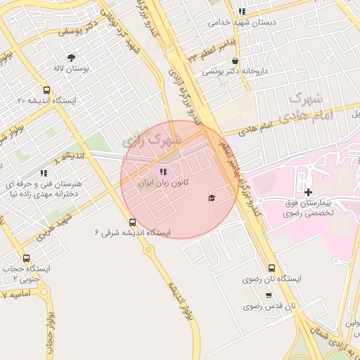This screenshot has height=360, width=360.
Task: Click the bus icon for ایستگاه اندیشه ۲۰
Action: click(46, 91)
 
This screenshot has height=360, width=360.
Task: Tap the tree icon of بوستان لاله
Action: click(71, 57)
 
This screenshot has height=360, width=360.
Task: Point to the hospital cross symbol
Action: click(308, 192)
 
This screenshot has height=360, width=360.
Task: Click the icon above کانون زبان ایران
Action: click(164, 172)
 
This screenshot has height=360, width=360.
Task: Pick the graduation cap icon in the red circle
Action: click(212, 198)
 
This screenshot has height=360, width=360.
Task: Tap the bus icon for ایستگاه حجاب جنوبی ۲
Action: click(27, 258)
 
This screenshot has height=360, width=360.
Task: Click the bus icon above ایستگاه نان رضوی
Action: click(272, 268)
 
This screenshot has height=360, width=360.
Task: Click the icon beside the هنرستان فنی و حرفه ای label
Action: click(44, 173)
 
